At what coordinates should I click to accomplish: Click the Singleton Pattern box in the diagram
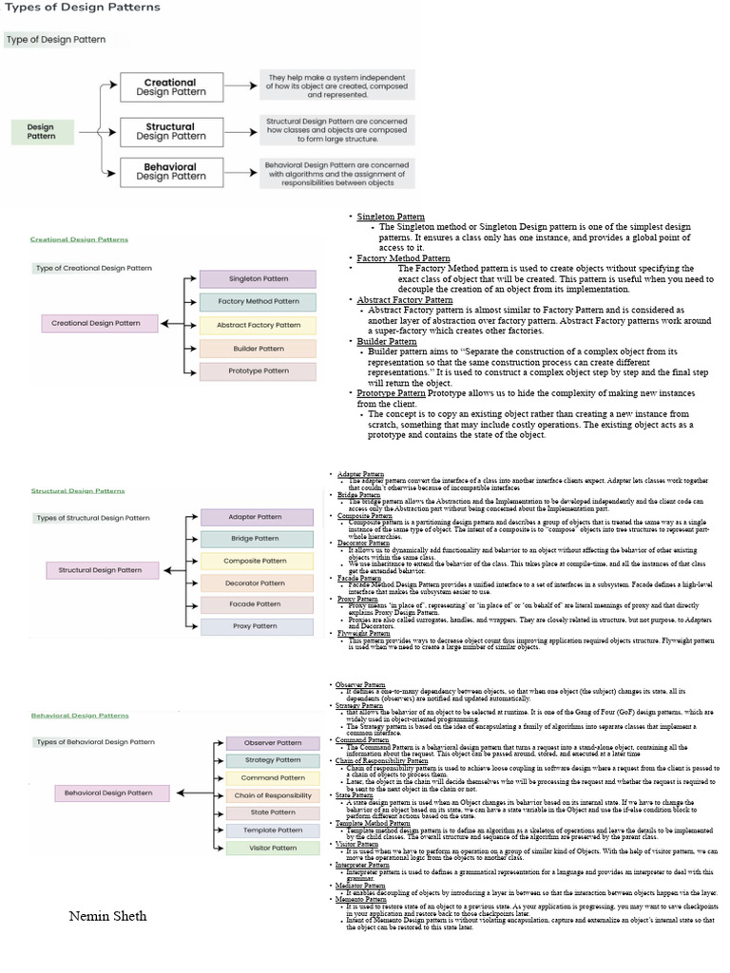click(257, 279)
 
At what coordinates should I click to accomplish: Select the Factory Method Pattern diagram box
click(257, 302)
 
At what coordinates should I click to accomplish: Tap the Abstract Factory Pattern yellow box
click(257, 325)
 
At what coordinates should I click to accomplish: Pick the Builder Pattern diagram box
click(257, 349)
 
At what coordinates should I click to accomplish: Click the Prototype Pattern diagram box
click(257, 372)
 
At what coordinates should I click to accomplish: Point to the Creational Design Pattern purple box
click(100, 324)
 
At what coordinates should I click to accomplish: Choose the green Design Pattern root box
click(41, 130)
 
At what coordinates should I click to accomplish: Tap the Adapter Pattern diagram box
click(256, 517)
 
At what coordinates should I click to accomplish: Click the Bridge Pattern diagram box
click(256, 539)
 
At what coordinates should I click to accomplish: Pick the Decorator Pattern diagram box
click(256, 583)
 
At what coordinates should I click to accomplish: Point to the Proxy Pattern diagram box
click(256, 627)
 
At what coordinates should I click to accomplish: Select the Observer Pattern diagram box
click(272, 742)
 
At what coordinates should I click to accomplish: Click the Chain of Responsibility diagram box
click(272, 795)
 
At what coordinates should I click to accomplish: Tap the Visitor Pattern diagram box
click(272, 849)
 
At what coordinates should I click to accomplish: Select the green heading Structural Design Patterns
click(77, 491)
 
